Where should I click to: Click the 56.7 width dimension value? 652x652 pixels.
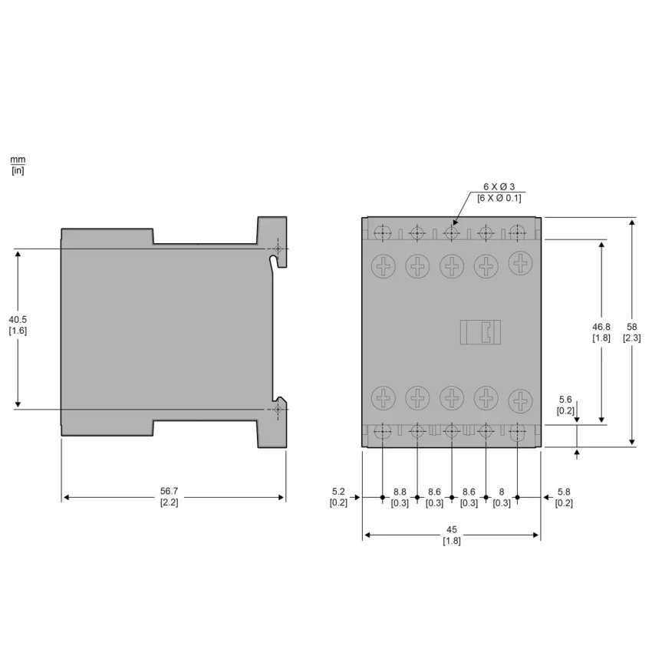pyautogui.click(x=170, y=491)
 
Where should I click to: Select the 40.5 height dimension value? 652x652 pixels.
pyautogui.click(x=18, y=319)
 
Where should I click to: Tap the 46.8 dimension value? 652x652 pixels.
pyautogui.click(x=601, y=327)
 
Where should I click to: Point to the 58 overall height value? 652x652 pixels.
pyautogui.click(x=631, y=327)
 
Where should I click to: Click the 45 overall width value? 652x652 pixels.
pyautogui.click(x=452, y=529)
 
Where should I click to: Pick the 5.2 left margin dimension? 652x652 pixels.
pyautogui.click(x=338, y=492)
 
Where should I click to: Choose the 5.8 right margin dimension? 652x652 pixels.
pyautogui.click(x=564, y=492)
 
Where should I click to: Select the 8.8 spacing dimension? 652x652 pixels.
pyautogui.click(x=400, y=492)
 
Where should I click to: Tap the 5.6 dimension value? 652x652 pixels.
pyautogui.click(x=565, y=399)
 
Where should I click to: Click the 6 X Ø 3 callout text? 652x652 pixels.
pyautogui.click(x=499, y=186)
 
